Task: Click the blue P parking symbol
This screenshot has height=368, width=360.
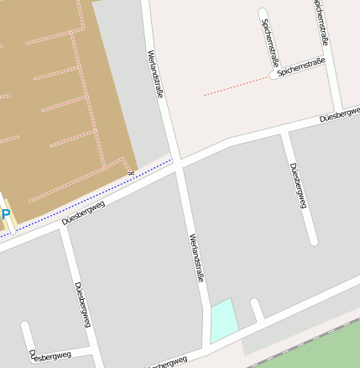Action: click(5, 215)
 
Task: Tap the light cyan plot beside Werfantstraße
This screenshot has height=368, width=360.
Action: click(223, 320)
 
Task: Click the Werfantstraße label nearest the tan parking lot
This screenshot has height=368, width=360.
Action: click(155, 74)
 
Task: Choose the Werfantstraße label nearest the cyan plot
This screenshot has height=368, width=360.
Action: click(197, 257)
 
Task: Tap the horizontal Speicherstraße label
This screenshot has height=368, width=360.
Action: click(300, 68)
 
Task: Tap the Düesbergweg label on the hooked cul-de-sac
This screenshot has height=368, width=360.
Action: click(50, 356)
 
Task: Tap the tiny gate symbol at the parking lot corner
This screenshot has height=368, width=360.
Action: click(131, 172)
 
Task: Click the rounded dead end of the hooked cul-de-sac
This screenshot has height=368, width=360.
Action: click(26, 327)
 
